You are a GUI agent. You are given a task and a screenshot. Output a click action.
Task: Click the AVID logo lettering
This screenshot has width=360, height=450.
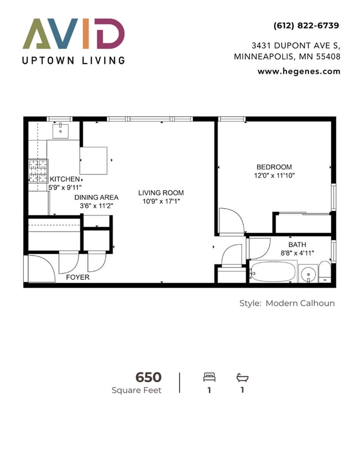(x=73, y=34)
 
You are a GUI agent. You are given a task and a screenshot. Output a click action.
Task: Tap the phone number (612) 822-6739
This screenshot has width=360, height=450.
(x=306, y=25)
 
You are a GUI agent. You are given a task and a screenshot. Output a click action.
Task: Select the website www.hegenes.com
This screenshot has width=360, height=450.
(x=299, y=71)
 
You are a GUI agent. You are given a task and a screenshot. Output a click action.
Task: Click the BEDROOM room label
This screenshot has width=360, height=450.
(x=274, y=167)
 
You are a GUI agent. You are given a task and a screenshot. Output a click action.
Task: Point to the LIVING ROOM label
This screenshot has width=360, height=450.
(x=161, y=193)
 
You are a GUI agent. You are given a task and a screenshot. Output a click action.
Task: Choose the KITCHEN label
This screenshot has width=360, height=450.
(x=65, y=179)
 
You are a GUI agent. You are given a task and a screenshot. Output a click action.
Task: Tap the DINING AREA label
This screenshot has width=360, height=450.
(x=96, y=197)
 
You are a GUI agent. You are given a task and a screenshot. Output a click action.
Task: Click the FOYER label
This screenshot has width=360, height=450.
(x=78, y=277)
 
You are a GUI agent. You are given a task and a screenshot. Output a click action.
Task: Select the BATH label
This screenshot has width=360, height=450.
(x=297, y=245)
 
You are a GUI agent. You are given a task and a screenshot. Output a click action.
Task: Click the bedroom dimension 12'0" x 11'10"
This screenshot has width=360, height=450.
(x=274, y=176)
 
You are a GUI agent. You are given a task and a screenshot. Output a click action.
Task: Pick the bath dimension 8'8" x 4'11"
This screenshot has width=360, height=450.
(x=297, y=254)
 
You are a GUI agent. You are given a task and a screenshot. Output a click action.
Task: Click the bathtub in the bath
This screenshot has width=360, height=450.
(x=273, y=272)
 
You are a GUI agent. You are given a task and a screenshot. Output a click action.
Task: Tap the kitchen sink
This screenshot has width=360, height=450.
(x=60, y=131)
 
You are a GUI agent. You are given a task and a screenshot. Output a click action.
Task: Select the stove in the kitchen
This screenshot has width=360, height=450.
(x=38, y=171)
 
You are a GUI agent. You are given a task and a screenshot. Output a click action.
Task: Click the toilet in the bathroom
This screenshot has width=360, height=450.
(x=325, y=272)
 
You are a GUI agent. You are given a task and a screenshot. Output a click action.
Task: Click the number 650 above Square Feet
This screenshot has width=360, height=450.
(x=148, y=377)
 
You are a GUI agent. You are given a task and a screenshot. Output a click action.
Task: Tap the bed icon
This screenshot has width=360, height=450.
(x=209, y=377)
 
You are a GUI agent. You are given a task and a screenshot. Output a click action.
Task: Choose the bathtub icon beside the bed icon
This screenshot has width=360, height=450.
(x=242, y=377)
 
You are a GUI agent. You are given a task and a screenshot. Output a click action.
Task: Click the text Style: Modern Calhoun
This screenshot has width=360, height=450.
(x=286, y=303)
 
